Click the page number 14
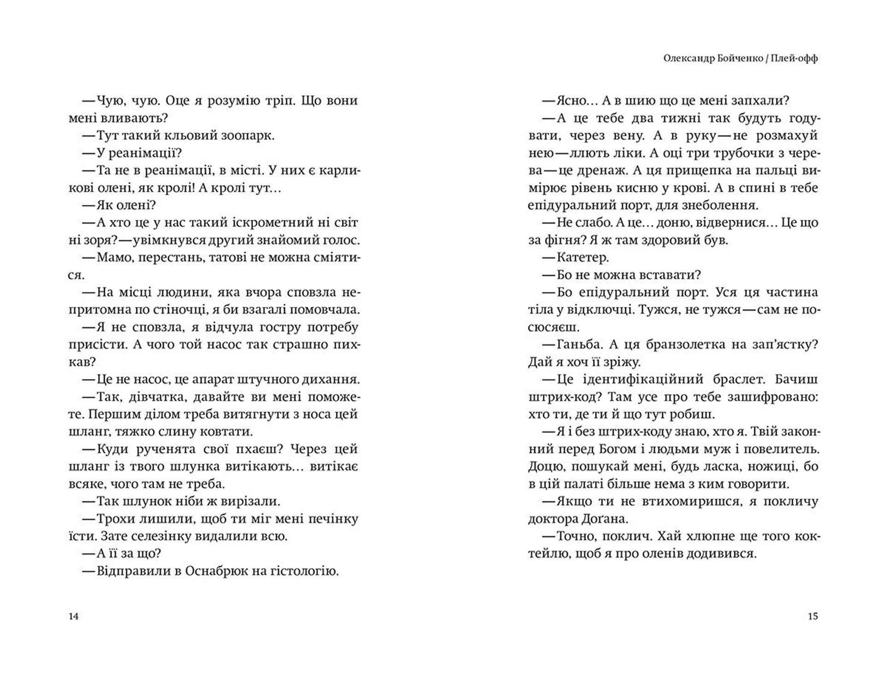(x=74, y=616)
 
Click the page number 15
(x=813, y=616)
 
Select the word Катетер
(x=583, y=258)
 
